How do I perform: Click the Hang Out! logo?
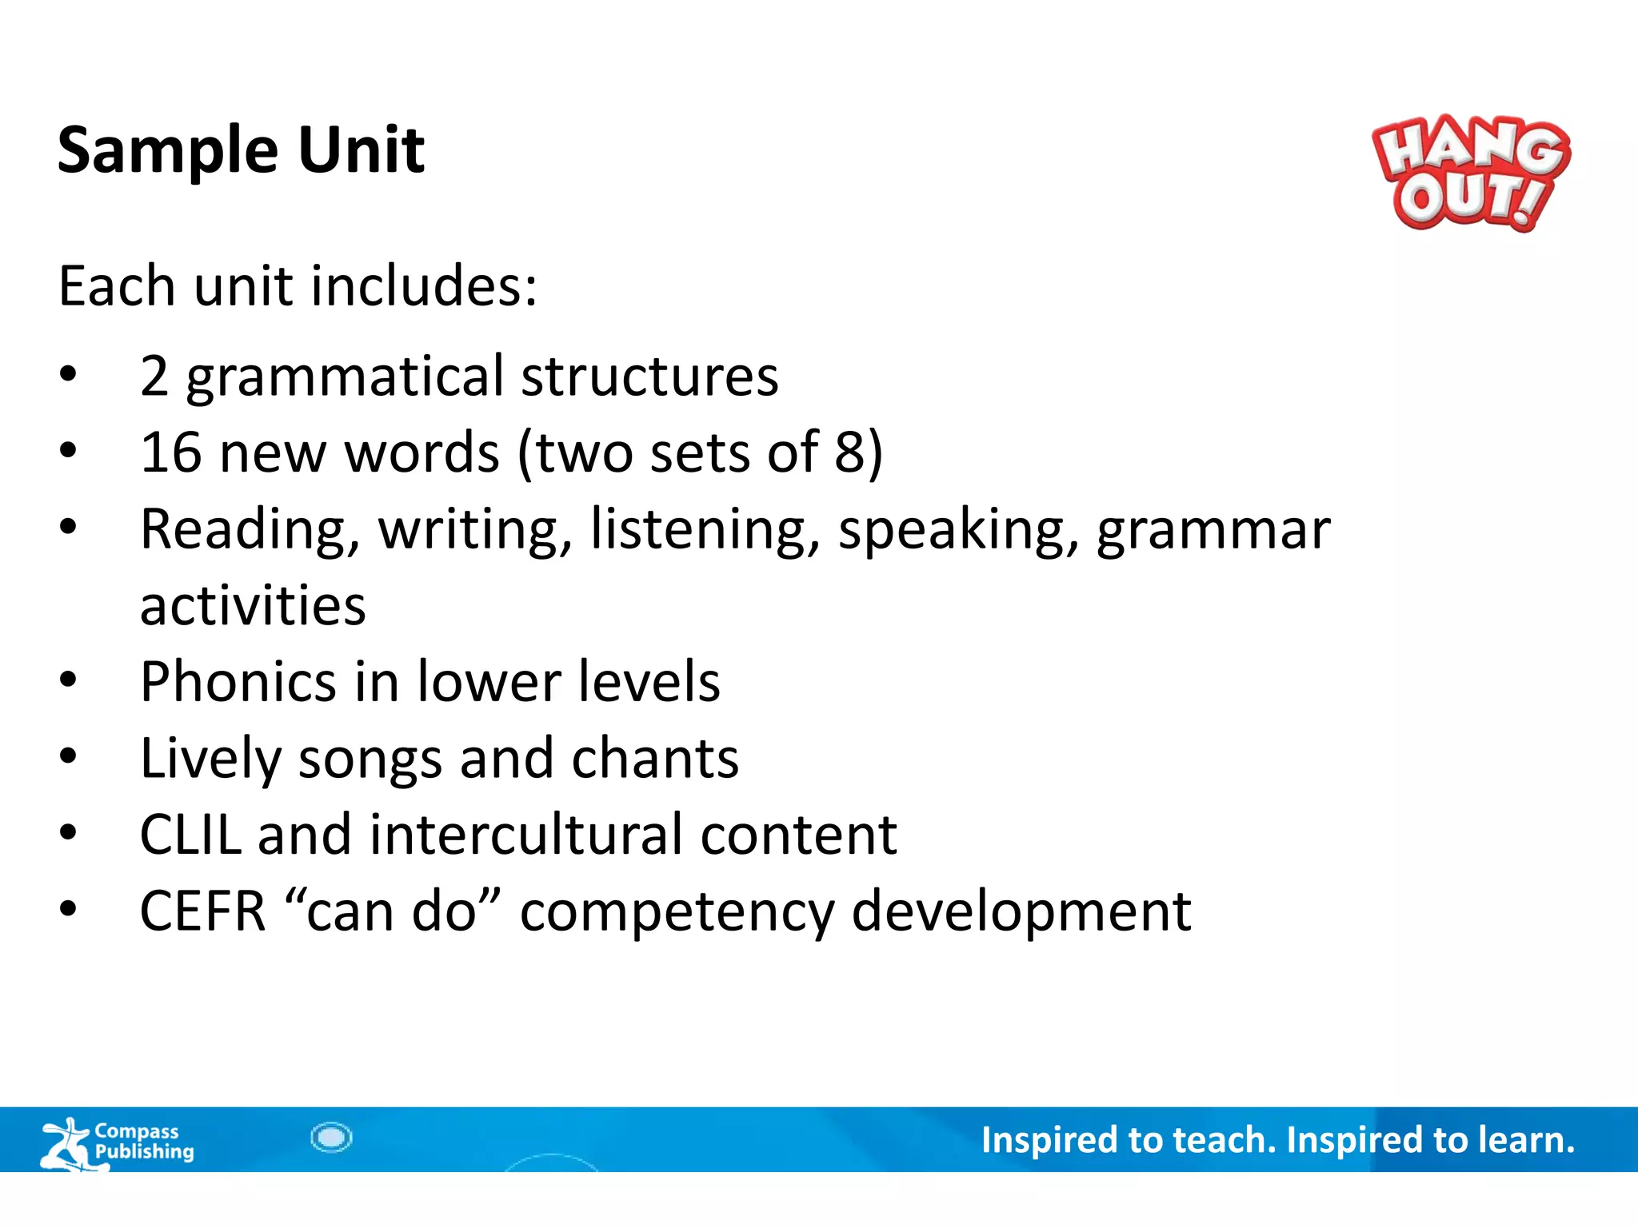tap(1470, 173)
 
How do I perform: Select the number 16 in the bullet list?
tap(170, 453)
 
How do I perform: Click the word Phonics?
tap(238, 682)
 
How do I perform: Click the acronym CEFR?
tap(202, 911)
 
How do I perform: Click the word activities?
tap(253, 605)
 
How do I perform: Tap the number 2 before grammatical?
tap(154, 377)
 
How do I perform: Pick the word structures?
tap(649, 377)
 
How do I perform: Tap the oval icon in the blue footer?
tap(331, 1137)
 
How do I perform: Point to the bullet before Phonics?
tap(68, 680)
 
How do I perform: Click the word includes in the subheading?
tap(423, 286)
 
